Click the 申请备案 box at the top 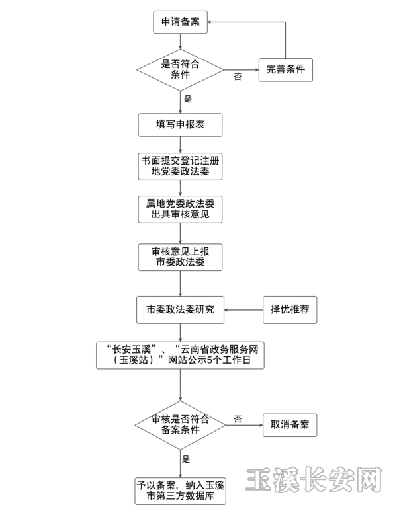click(x=181, y=22)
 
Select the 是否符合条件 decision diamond click(x=181, y=69)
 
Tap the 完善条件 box click(x=285, y=69)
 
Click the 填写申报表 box click(x=181, y=124)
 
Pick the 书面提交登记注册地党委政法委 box click(x=181, y=167)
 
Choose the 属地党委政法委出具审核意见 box click(x=181, y=210)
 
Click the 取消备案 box click(x=290, y=424)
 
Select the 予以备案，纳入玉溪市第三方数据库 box click(x=181, y=491)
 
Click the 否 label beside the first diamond click(x=238, y=77)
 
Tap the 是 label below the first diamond click(x=187, y=99)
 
